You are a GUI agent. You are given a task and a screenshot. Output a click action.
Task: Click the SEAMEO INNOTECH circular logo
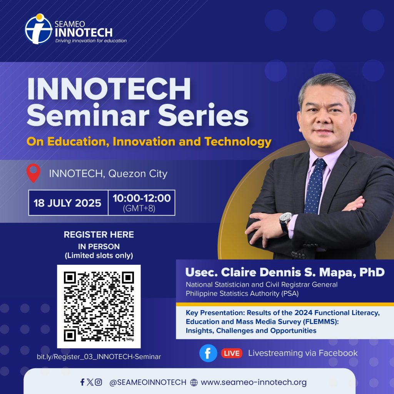click(38, 29)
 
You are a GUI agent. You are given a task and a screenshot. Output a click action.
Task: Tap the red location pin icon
click(33, 173)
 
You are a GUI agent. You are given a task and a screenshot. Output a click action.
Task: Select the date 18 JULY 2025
click(67, 203)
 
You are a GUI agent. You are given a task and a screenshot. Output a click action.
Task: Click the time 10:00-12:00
click(142, 198)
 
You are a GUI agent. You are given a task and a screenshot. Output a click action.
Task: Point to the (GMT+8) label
click(139, 209)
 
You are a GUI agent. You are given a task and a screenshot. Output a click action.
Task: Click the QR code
click(99, 306)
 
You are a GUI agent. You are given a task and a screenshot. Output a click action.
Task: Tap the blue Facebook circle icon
click(208, 353)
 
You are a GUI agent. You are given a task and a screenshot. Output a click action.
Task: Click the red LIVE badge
click(232, 353)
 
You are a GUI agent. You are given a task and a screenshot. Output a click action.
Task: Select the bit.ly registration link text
click(99, 357)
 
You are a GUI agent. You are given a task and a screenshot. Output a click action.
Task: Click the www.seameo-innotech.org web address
click(254, 382)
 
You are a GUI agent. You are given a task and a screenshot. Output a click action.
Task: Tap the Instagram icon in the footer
click(98, 382)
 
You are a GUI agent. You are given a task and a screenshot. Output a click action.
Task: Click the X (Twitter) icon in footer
click(90, 382)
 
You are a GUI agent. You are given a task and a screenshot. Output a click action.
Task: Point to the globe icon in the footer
click(194, 382)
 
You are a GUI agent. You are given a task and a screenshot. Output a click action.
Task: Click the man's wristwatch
click(286, 220)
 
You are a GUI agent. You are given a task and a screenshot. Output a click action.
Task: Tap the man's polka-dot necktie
click(314, 186)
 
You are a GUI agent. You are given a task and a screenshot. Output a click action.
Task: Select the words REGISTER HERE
click(99, 235)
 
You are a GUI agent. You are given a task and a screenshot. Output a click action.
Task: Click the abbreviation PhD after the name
click(372, 272)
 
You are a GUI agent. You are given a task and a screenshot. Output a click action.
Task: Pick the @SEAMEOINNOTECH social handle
click(148, 382)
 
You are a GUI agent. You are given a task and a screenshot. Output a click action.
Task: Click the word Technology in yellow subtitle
click(238, 142)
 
